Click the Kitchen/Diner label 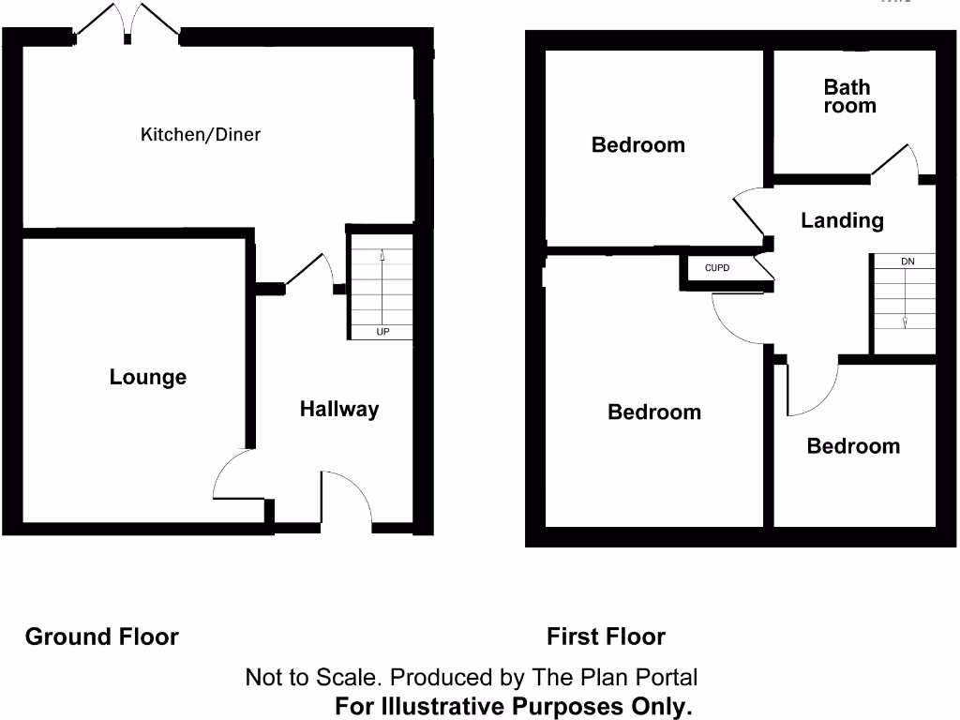click(201, 135)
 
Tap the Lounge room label click(148, 378)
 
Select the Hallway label click(339, 409)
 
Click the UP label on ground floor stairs click(382, 333)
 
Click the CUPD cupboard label click(716, 268)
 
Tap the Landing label click(842, 220)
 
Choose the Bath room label click(849, 97)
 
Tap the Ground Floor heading click(101, 637)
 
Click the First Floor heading click(606, 637)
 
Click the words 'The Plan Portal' click(614, 677)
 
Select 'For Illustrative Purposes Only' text click(513, 707)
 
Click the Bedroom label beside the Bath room click(637, 145)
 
